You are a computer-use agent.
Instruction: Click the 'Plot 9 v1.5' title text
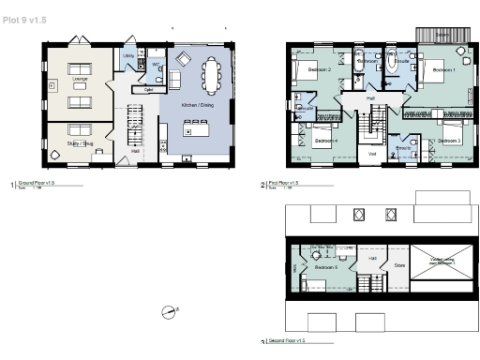[23, 19]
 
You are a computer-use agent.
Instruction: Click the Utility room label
[128, 56]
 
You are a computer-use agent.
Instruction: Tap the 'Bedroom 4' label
[324, 141]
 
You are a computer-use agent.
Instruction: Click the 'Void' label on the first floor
[372, 153]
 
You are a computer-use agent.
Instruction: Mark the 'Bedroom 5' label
[325, 267]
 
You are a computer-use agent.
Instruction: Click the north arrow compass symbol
[171, 310]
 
